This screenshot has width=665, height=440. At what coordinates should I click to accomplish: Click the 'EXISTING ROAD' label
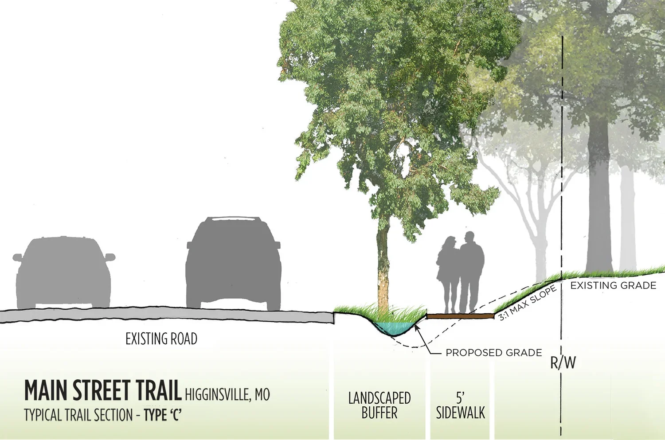(161, 339)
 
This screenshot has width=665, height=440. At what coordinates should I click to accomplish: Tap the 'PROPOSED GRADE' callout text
(493, 353)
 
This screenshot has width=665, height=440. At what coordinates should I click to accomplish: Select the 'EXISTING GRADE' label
(613, 286)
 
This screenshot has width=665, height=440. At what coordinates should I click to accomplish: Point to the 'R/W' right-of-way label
(563, 362)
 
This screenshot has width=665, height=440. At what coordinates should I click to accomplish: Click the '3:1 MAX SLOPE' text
(528, 303)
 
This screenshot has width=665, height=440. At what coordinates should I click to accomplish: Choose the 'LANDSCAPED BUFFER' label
(379, 405)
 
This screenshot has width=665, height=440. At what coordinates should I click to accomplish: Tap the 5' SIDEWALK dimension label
(460, 405)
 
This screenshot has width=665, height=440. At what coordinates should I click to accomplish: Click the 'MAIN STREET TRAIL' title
(103, 391)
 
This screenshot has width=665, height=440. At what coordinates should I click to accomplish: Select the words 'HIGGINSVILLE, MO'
(227, 394)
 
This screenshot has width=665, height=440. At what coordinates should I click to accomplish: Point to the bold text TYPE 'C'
(163, 415)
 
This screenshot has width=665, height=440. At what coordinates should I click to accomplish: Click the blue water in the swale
(394, 328)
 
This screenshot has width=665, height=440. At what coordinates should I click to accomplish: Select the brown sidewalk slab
(460, 316)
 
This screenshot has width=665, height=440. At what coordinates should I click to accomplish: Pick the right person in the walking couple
(471, 270)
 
